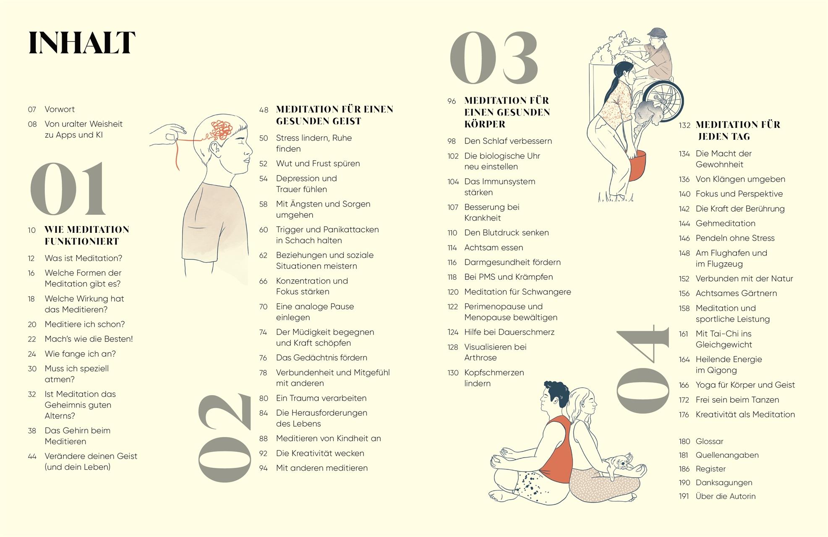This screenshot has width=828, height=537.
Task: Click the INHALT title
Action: [82, 43]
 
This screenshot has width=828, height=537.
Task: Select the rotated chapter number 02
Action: [224, 437]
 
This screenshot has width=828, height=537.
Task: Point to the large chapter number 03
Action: [494, 58]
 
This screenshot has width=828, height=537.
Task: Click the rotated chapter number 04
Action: [642, 369]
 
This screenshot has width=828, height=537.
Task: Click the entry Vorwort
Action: [60, 109]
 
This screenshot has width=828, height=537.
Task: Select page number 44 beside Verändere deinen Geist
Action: [32, 456]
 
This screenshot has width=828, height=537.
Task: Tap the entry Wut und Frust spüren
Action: [318, 164]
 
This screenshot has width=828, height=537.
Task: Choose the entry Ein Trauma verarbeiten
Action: [321, 398]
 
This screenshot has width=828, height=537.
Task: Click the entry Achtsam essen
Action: [493, 248]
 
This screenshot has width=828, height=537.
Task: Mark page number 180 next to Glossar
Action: [684, 441]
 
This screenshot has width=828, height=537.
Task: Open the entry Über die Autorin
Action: [725, 496]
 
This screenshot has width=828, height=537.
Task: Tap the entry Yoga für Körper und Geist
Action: [745, 385]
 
